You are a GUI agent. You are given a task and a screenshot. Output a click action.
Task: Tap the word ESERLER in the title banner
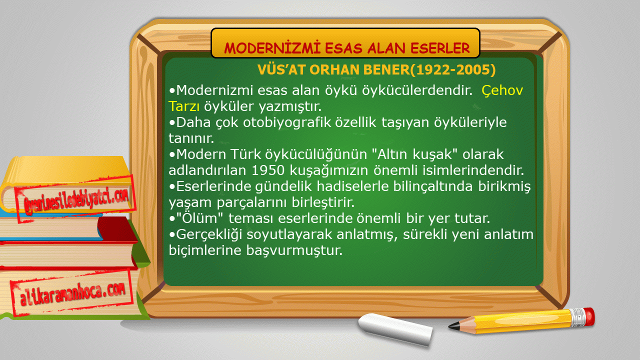tap(440, 48)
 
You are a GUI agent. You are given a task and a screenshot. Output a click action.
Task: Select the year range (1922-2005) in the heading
tap(453, 69)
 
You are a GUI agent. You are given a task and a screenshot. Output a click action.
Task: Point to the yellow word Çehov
tap(502, 90)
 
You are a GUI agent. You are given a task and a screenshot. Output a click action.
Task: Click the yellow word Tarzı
tap(184, 106)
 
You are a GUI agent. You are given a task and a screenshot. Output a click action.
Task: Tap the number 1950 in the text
tap(268, 170)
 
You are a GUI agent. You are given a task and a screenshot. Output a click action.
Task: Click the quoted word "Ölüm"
tap(199, 218)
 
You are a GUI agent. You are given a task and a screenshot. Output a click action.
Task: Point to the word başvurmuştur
tap(294, 250)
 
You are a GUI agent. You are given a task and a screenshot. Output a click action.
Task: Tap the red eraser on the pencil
tap(589, 316)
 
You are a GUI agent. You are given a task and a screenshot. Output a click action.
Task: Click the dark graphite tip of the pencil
tap(453, 326)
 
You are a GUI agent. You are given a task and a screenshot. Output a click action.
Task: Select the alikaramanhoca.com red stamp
tap(72, 293)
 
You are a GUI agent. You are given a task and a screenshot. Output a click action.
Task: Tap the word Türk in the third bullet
tap(245, 154)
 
